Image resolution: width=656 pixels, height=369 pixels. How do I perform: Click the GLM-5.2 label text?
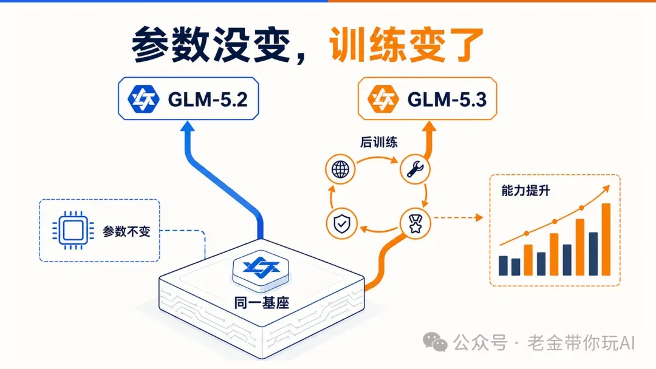[208, 100]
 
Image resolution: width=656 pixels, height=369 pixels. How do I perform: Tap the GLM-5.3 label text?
[447, 100]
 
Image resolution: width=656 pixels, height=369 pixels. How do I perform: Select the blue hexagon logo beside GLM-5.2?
[143, 99]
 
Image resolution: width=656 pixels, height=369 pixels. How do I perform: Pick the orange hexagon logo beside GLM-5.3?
[383, 99]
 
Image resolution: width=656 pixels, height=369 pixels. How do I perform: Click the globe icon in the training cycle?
[340, 169]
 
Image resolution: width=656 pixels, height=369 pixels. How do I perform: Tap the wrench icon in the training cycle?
[415, 169]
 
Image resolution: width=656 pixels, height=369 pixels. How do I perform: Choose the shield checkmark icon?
[341, 224]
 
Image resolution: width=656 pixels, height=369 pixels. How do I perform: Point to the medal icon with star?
[415, 224]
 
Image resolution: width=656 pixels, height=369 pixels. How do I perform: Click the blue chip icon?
[73, 230]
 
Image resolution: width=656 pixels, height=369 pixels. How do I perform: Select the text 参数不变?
[127, 231]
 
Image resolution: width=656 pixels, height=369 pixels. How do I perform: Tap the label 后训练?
[378, 142]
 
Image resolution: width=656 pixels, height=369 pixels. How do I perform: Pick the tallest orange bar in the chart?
[606, 240]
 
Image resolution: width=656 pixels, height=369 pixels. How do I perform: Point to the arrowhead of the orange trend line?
[606, 189]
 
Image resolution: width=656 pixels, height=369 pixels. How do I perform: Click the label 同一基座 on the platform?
[262, 303]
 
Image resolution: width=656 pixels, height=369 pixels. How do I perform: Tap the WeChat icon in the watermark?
[435, 342]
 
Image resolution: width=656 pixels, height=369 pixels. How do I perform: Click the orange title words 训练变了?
[406, 45]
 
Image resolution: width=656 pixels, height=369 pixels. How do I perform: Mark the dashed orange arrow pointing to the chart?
[458, 218]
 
